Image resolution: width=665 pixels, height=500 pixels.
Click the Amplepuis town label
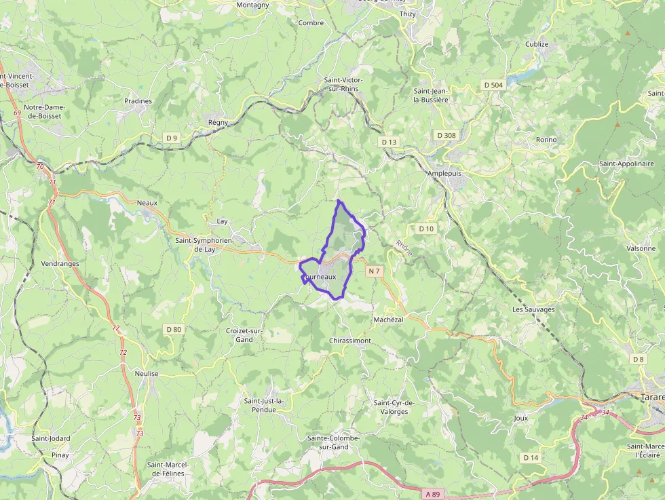tap(444, 173)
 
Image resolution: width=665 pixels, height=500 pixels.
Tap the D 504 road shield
tap(493, 85)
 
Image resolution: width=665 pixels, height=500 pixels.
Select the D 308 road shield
tap(446, 135)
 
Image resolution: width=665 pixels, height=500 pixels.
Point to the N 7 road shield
tap(374, 271)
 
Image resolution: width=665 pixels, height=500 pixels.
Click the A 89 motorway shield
tap(432, 476)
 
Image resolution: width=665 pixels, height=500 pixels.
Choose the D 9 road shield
tap(172, 138)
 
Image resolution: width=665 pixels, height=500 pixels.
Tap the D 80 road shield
tap(174, 329)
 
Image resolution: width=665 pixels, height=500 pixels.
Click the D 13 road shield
tap(389, 142)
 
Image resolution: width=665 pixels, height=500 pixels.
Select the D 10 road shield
tap(425, 229)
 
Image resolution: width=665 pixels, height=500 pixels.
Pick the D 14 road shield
tap(531, 458)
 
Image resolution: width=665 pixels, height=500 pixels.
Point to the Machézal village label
tap(388, 320)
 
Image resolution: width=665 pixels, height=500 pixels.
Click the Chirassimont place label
tap(349, 341)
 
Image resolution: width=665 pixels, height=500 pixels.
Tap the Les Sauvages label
tap(533, 309)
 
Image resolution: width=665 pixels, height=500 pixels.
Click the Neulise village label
tap(147, 374)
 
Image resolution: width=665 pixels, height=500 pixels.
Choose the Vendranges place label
tap(60, 264)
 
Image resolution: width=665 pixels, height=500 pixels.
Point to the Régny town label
tap(218, 122)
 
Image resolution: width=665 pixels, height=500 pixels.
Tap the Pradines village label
tap(138, 101)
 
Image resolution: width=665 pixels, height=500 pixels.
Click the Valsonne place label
tap(641, 248)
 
